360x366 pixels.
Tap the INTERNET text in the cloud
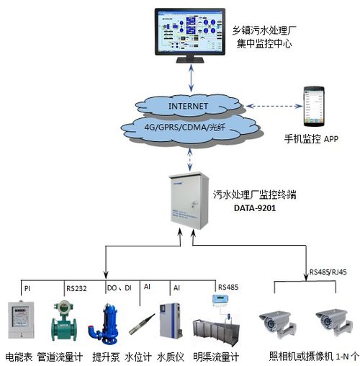tap(188, 107)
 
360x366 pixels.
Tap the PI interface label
tap(27, 287)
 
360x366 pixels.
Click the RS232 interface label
tap(76, 287)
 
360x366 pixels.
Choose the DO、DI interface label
tap(119, 287)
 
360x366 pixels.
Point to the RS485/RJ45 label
tap(328, 272)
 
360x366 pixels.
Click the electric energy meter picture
tap(22, 318)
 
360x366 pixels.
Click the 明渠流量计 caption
tap(217, 356)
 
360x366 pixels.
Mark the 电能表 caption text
tap(18, 356)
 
